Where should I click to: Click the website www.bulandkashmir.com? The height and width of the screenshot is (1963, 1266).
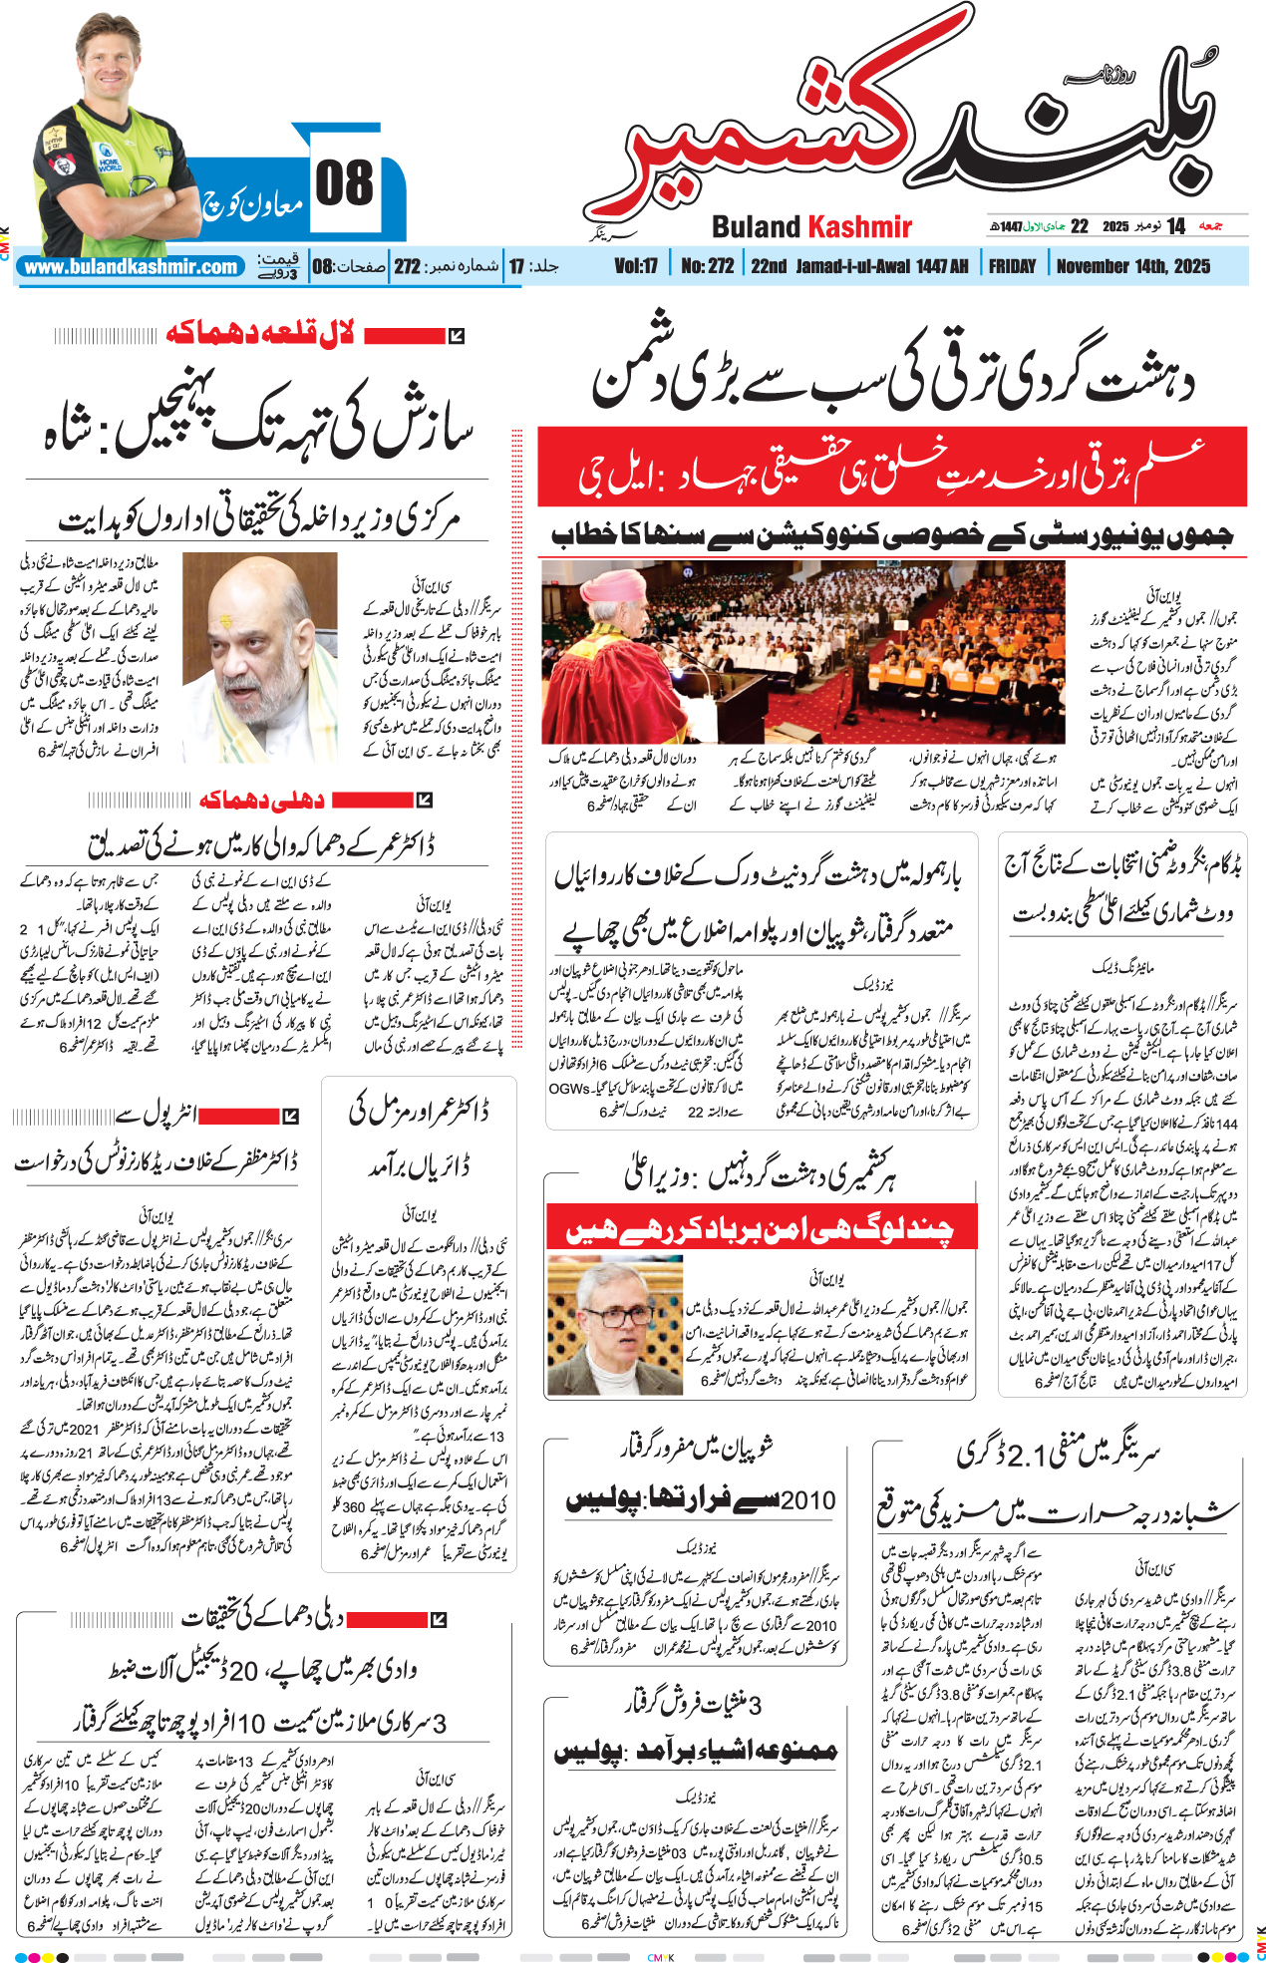pos(131,267)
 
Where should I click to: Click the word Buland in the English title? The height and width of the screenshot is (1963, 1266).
pos(757,227)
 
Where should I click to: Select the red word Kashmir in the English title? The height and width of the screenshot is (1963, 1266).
pos(858,227)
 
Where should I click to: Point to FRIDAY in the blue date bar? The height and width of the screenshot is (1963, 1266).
pos(1012,266)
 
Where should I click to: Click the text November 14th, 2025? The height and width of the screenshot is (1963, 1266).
pos(1132,266)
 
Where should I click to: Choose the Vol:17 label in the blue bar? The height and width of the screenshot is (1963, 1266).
pos(636,266)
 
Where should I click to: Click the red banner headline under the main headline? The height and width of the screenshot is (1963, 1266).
pos(891,467)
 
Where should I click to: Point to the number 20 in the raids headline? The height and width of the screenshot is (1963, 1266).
pos(244,1670)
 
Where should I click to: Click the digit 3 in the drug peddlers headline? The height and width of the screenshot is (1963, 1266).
pos(755,1705)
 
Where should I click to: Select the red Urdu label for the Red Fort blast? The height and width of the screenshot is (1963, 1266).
pos(260,335)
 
